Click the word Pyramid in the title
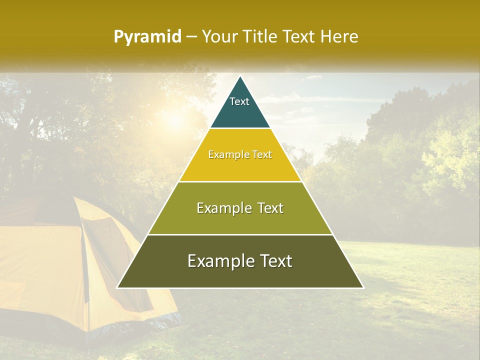(x=147, y=37)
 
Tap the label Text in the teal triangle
(x=239, y=101)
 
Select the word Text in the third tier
(x=266, y=208)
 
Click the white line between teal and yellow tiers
(x=240, y=128)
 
